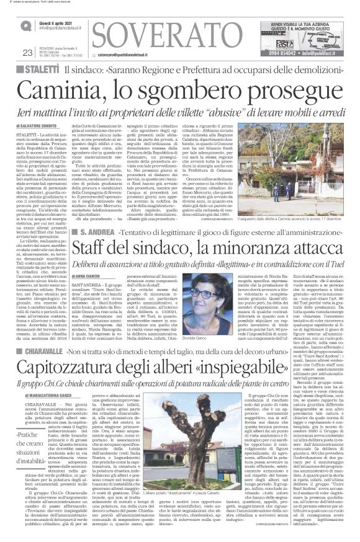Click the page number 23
(10, 52)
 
